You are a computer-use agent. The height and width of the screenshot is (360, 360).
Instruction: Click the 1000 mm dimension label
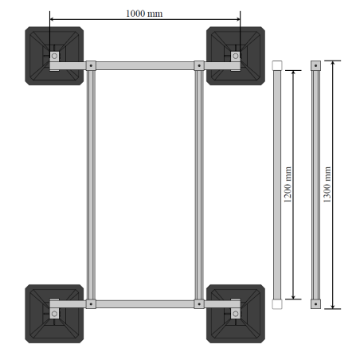(145, 14)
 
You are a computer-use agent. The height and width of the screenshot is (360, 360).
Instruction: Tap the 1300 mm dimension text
(328, 184)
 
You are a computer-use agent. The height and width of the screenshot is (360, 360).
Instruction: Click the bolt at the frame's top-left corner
(91, 65)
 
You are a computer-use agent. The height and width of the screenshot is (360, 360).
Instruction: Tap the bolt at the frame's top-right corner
(198, 65)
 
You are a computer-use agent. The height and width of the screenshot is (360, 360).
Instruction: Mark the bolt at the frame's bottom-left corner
(91, 303)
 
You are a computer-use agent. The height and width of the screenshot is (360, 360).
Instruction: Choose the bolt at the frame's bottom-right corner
(198, 303)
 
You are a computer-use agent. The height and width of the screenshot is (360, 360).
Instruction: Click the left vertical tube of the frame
(91, 184)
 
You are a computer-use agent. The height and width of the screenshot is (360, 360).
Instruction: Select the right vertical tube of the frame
(198, 184)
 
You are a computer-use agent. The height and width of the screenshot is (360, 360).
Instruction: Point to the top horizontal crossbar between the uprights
(144, 65)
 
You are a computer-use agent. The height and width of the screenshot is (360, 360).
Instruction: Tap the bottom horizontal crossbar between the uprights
(144, 303)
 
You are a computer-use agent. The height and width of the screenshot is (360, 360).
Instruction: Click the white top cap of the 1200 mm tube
(276, 65)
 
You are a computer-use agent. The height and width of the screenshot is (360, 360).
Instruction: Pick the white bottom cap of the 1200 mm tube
(276, 303)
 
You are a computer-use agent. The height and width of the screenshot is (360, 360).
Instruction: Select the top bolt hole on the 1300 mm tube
(315, 65)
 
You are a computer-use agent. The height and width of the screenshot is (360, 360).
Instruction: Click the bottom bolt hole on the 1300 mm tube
(315, 303)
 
